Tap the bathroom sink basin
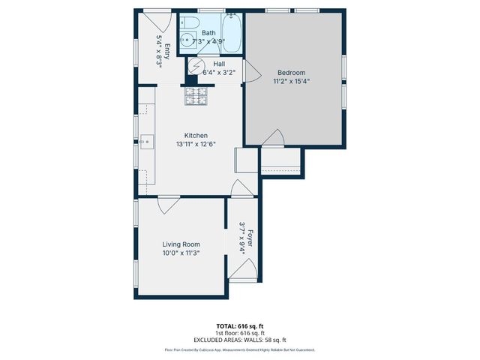pyautogui.click(x=184, y=41)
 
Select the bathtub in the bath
pyautogui.click(x=232, y=33)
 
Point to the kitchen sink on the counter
pyautogui.click(x=145, y=140)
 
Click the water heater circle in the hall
pyautogui.click(x=196, y=67)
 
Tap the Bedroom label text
pyautogui.click(x=291, y=73)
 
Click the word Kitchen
pyautogui.click(x=196, y=136)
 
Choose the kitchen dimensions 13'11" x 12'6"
pyautogui.click(x=196, y=144)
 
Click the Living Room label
pyautogui.click(x=181, y=244)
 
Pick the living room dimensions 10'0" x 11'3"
pyautogui.click(x=181, y=253)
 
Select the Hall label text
pyautogui.click(x=219, y=64)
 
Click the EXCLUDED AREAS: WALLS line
pyautogui.click(x=239, y=340)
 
